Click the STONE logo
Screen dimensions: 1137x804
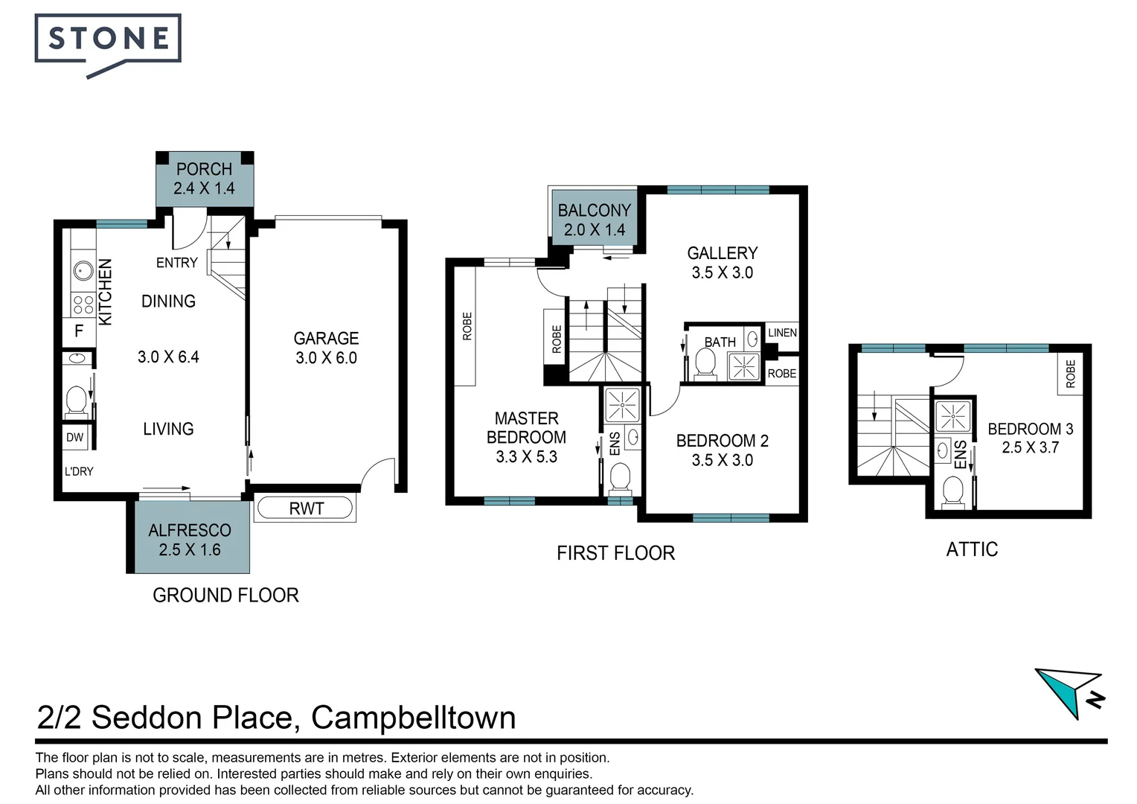[x=108, y=45]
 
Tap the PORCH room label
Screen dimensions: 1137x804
[x=204, y=169]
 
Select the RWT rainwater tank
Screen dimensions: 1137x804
[x=305, y=508]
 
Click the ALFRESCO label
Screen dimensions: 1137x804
[x=190, y=530]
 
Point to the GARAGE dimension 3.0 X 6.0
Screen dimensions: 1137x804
[x=327, y=357]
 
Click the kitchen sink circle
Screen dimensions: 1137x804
[x=83, y=271]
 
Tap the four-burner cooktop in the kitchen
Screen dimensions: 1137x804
[x=83, y=304]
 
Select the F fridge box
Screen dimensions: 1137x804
[x=79, y=332]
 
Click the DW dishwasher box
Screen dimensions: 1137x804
[x=75, y=437]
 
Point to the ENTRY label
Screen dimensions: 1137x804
[x=176, y=263]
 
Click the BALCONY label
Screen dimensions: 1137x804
[x=595, y=210]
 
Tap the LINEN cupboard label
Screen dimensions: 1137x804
[x=782, y=333]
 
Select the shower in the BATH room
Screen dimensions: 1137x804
[x=743, y=366]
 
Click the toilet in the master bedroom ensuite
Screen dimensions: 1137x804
[x=620, y=480]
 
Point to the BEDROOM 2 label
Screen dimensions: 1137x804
[x=723, y=441]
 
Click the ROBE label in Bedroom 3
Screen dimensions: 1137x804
[x=1071, y=374]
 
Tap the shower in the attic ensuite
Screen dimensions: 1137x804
[x=952, y=416]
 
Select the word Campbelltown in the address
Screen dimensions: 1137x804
[x=413, y=718]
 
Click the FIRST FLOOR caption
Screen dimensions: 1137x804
[x=615, y=553]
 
